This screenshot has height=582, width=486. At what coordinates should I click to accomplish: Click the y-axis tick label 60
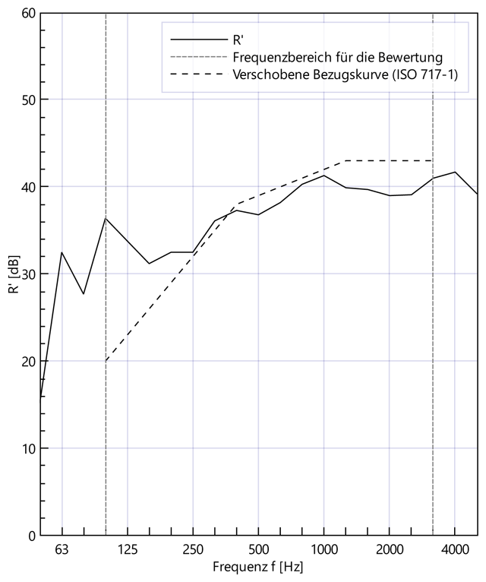point(27,13)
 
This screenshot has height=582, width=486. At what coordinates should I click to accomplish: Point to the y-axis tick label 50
point(27,100)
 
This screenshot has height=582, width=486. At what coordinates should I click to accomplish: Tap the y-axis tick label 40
point(27,187)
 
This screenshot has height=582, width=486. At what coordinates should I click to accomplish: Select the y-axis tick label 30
point(27,274)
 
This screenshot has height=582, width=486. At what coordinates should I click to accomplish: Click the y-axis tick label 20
point(27,362)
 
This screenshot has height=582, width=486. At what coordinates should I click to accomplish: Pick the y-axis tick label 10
point(27,448)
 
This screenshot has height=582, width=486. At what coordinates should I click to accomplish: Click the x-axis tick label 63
point(62,549)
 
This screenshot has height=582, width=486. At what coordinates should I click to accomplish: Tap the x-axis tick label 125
point(127,549)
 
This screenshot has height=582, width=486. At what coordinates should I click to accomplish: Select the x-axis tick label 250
point(193,549)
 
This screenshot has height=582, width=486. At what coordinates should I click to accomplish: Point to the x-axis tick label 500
point(258,549)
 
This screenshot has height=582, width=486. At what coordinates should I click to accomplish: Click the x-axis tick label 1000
point(323,549)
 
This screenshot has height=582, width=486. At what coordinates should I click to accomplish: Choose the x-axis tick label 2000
point(390,549)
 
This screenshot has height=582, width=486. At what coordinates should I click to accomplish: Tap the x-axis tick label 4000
point(455,549)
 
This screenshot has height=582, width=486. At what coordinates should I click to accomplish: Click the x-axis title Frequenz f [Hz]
point(258,567)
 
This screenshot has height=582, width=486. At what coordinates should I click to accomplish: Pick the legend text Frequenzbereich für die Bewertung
point(338,57)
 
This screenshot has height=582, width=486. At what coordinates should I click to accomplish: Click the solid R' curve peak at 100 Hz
point(106,218)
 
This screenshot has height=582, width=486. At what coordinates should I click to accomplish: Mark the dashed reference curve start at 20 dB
point(106,361)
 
